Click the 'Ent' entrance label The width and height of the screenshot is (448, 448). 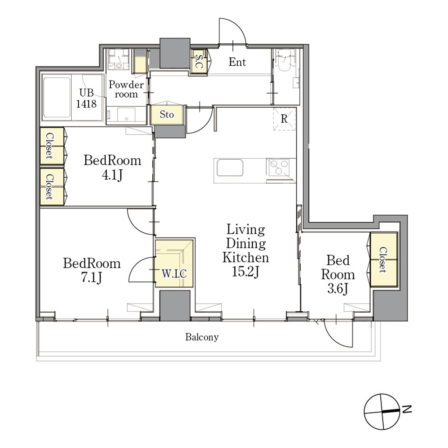(x=237, y=62)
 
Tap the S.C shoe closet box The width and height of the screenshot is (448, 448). (x=199, y=61)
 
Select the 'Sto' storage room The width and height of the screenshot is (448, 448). (x=167, y=115)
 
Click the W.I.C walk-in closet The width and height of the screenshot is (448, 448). (x=174, y=263)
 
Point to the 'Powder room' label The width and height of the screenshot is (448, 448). (x=126, y=89)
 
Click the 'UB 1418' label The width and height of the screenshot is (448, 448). (x=86, y=98)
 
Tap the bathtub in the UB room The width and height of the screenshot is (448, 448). (x=56, y=97)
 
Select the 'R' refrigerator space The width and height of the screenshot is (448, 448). (x=284, y=119)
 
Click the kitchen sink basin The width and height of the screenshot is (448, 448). (x=230, y=168)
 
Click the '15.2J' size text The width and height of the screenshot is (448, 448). (x=245, y=271)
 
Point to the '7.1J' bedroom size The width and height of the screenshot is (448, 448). (x=92, y=277)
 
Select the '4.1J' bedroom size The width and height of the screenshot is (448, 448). (x=112, y=175)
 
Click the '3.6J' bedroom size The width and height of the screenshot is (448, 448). (x=338, y=289)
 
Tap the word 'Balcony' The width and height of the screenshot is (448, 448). (x=202, y=337)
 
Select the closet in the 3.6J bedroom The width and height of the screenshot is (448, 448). (x=384, y=260)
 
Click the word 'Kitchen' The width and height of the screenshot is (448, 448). (x=245, y=257)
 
